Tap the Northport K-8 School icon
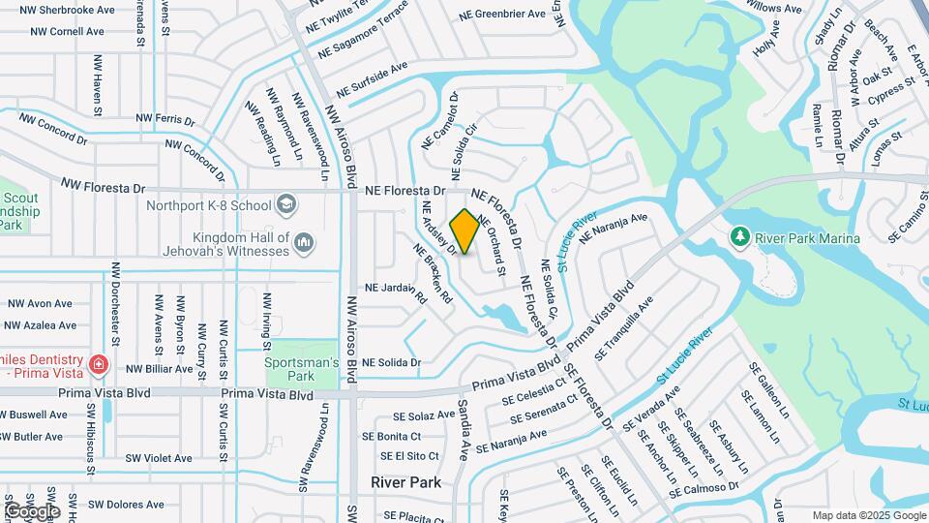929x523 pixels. click(285, 204)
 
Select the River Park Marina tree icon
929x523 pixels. click(740, 236)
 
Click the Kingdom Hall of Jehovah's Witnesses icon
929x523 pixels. click(304, 239)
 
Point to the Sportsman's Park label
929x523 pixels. click(302, 368)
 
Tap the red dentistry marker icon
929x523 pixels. click(98, 363)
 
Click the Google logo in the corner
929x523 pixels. click(32, 510)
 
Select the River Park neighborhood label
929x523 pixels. click(405, 481)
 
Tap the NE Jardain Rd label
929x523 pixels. click(395, 288)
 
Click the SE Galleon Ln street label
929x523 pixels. click(770, 390)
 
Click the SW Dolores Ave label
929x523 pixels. click(126, 504)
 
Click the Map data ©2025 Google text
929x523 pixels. click(869, 515)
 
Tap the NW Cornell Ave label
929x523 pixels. click(67, 31)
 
